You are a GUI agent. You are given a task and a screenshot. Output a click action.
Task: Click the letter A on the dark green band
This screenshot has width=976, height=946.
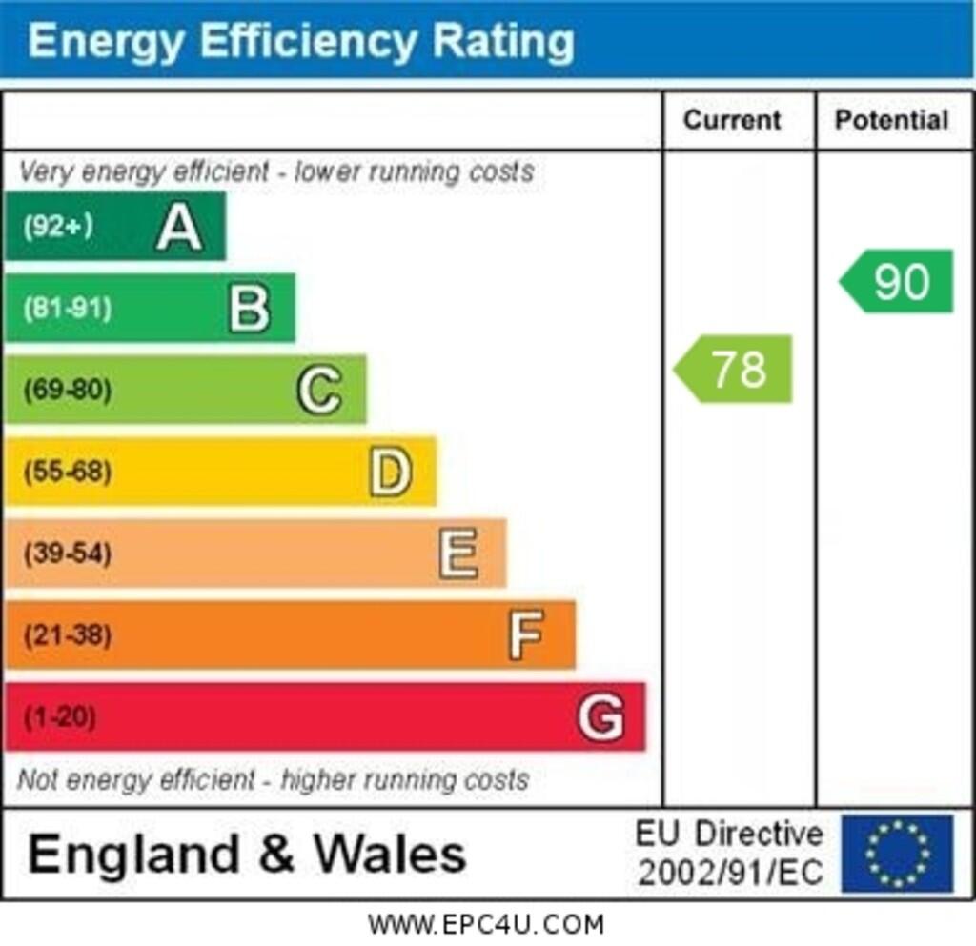pos(179,228)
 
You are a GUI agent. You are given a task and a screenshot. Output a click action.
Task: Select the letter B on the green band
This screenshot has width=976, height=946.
pos(249,309)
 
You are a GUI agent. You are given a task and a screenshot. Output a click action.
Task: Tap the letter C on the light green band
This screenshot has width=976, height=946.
pos(319,391)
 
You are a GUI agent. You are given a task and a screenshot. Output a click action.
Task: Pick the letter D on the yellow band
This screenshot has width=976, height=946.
pos(391,473)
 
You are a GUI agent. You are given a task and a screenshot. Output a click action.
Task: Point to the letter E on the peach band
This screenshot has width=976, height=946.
pos(458,554)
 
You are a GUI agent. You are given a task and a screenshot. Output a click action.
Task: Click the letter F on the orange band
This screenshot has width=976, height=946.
pos(526,635)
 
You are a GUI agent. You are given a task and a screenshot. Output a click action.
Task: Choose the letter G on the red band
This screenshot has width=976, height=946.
pos(601,717)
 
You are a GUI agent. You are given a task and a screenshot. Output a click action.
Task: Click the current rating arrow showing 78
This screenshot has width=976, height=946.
pos(734,369)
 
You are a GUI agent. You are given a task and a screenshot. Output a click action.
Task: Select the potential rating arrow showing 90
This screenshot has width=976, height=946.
pos(897,281)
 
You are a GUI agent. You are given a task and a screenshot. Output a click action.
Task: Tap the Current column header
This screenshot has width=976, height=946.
pos(732,120)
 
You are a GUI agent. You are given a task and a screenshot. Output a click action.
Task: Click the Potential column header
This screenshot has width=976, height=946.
pos(891,120)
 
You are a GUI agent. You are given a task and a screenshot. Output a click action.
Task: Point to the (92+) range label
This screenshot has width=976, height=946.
pos(57,227)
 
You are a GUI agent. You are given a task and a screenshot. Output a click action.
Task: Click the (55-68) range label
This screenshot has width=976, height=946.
pos(67,472)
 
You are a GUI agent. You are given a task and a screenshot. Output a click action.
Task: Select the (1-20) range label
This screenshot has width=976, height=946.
pos(59,716)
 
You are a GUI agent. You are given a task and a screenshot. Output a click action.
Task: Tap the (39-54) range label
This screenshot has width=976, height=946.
pos(67,554)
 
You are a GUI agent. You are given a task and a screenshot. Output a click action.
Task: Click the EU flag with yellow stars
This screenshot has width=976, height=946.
pos(897,853)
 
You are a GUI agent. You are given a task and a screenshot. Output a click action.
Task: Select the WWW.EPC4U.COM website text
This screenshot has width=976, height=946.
pos(486,924)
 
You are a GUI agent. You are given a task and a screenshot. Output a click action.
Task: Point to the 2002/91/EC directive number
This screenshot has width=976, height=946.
pos(729,873)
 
